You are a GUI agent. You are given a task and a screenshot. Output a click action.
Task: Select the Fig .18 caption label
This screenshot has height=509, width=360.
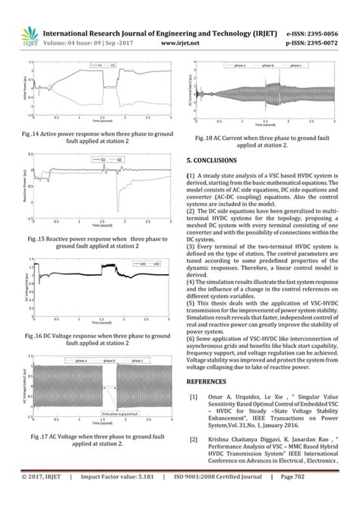[205, 138]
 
